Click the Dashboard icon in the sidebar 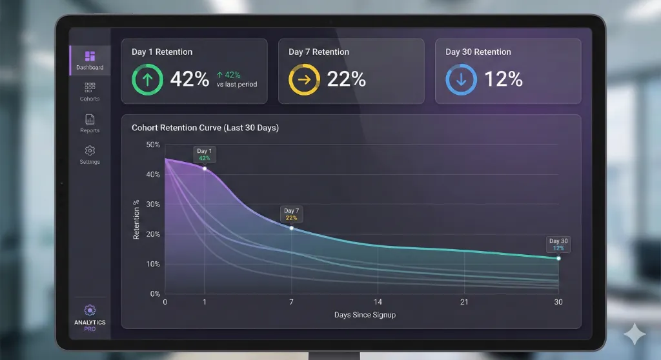pyautogui.click(x=90, y=56)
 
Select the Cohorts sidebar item pyautogui.click(x=90, y=88)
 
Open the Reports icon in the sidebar pyautogui.click(x=90, y=119)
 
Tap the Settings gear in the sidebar pyautogui.click(x=90, y=150)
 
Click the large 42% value pyautogui.click(x=189, y=79)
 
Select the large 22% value pyautogui.click(x=346, y=79)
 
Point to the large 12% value pyautogui.click(x=503, y=79)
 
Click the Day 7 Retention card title pyautogui.click(x=319, y=52)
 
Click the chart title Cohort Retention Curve pyautogui.click(x=205, y=128)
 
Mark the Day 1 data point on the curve pyautogui.click(x=205, y=168)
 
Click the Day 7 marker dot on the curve pyautogui.click(x=291, y=228)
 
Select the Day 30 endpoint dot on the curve pyautogui.click(x=558, y=258)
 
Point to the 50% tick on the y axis pyautogui.click(x=153, y=145)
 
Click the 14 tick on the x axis pyautogui.click(x=378, y=303)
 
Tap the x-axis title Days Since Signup pyautogui.click(x=365, y=315)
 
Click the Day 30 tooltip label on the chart pyautogui.click(x=558, y=245)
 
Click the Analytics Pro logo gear pyautogui.click(x=90, y=310)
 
